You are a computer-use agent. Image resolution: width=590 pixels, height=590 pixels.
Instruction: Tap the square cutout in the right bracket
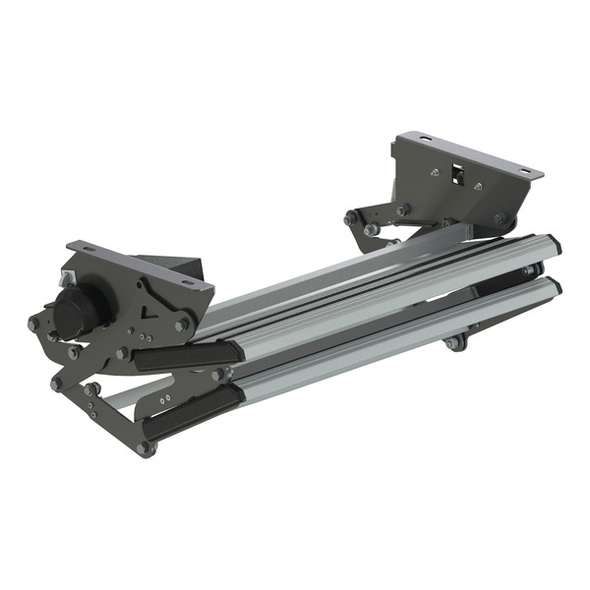point(456,178)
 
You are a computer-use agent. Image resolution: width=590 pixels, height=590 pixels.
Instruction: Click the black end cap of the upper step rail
point(554,244)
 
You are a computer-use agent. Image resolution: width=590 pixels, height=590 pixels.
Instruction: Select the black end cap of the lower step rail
point(554,287)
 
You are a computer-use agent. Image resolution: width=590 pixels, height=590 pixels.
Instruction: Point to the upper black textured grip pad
point(187,355)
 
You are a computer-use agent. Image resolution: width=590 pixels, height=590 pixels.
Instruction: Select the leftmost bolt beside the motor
point(34,323)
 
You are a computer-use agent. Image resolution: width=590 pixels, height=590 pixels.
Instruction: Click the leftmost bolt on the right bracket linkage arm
point(351,218)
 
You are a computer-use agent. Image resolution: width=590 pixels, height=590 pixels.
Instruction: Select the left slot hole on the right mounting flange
point(423,141)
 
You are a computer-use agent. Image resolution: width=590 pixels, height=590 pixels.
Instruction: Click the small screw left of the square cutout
point(435,173)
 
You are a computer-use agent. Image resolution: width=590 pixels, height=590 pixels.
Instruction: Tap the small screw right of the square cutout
point(478,187)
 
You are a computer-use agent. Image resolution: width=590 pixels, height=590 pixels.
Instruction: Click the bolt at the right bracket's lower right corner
point(501,219)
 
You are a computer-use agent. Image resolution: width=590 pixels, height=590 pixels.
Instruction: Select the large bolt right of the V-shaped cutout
point(183,324)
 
